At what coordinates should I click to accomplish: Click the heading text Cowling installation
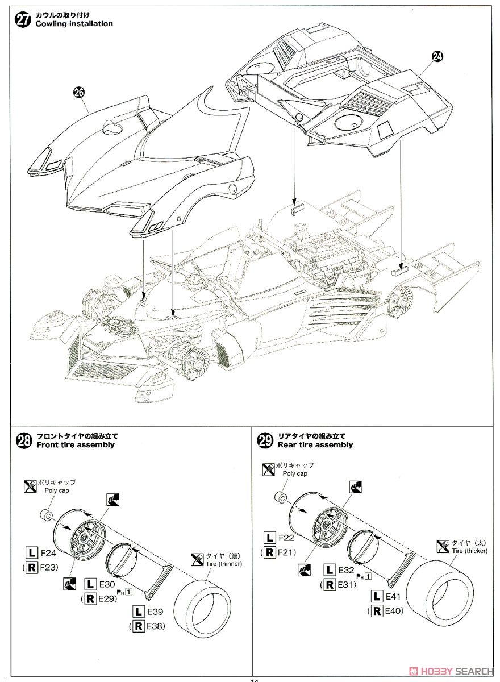point(74,24)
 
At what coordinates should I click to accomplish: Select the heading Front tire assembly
point(76,445)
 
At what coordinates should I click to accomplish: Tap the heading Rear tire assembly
point(315,445)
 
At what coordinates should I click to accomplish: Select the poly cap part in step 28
point(46,516)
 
